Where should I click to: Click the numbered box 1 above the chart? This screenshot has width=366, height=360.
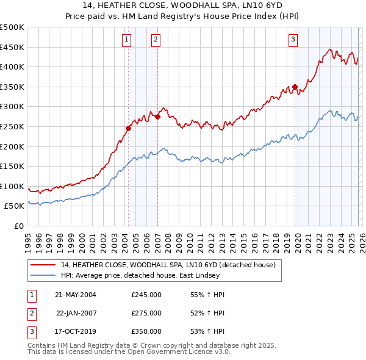click(x=126, y=40)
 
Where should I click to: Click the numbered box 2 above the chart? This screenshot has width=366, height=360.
click(x=156, y=40)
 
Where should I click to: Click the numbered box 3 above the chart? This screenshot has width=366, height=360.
click(x=293, y=40)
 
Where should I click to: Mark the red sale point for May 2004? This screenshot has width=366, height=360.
click(x=129, y=128)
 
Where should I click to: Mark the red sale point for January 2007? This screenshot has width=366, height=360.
click(x=157, y=117)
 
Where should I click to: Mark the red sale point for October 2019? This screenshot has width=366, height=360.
click(x=295, y=87)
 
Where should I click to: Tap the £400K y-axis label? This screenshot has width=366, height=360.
click(x=12, y=67)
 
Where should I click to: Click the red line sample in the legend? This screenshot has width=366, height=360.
click(x=43, y=265)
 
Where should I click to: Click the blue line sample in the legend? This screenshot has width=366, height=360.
click(x=43, y=275)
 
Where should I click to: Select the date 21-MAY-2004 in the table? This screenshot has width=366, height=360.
click(x=76, y=295)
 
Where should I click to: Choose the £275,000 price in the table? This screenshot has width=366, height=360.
click(x=146, y=313)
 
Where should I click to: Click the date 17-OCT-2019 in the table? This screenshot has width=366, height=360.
click(x=76, y=331)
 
